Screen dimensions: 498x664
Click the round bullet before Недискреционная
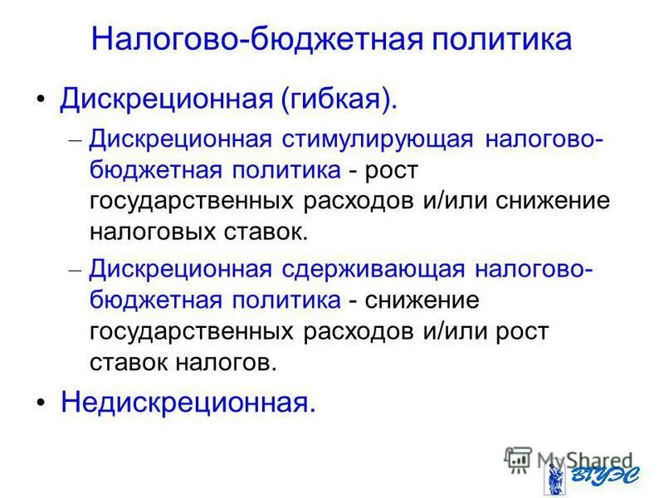tap(41, 403)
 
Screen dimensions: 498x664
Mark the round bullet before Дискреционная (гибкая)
tap(41, 100)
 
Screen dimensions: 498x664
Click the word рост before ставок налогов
tap(520, 330)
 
